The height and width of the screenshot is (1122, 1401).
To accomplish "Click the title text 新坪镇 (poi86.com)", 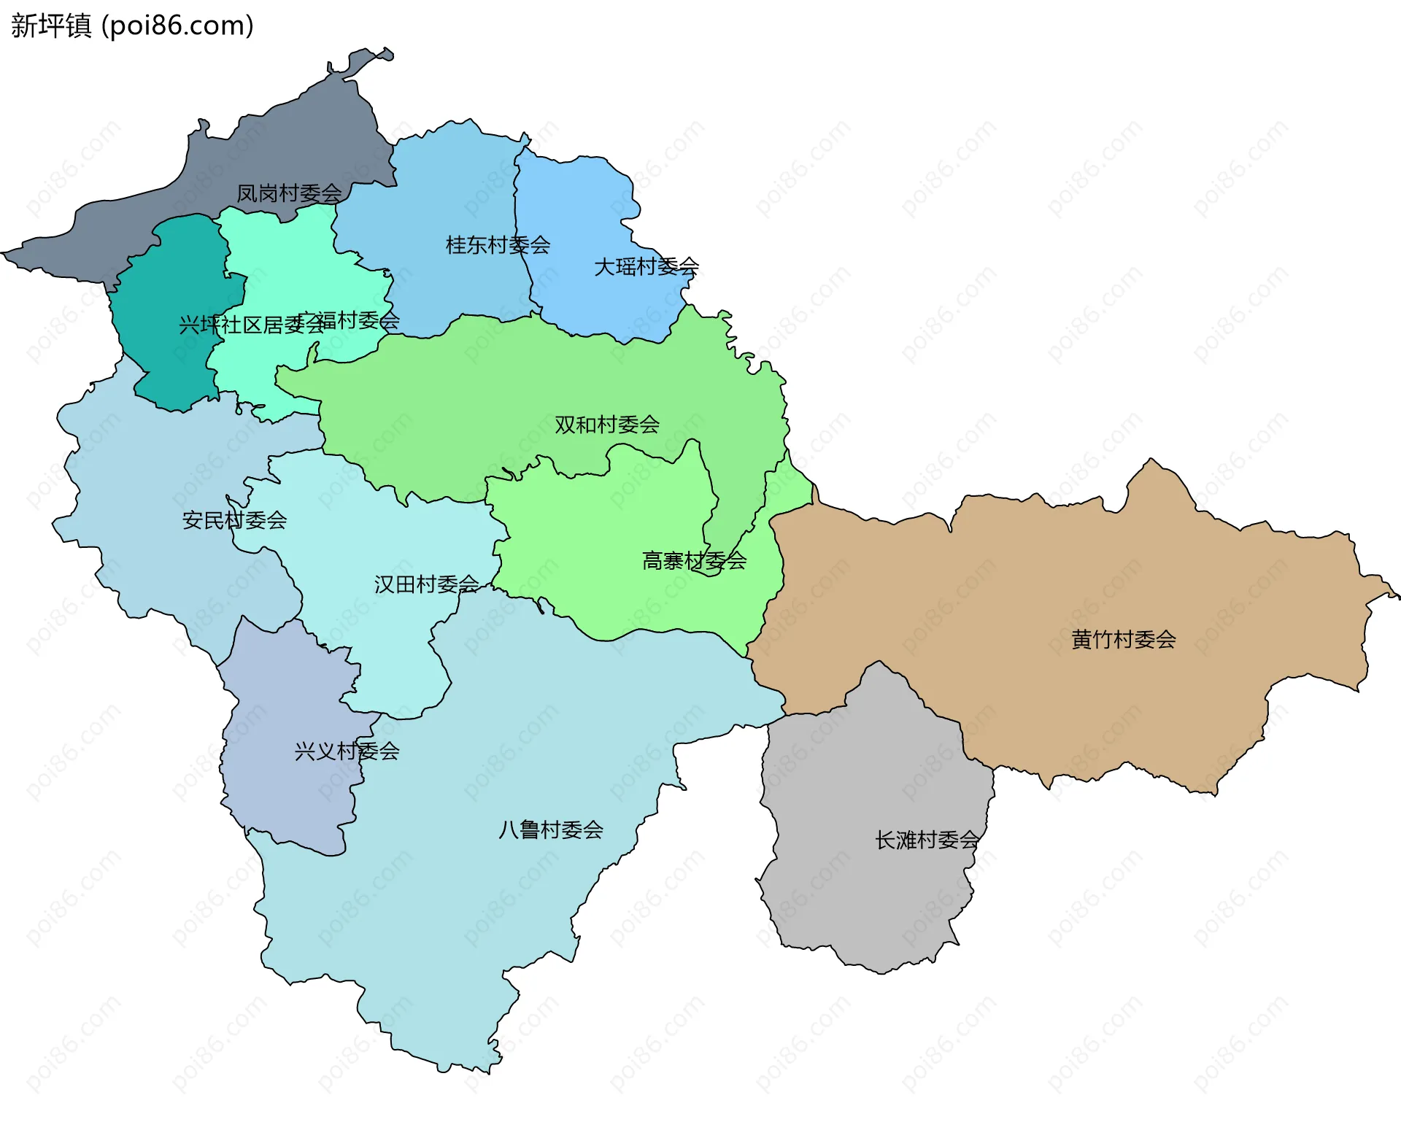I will (x=132, y=26).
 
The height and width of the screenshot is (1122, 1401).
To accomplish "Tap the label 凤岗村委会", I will (x=289, y=193).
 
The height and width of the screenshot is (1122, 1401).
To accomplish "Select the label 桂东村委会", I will (x=498, y=245).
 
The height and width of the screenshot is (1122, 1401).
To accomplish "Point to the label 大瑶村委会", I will (x=647, y=267).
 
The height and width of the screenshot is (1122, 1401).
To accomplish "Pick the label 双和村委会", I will (x=607, y=425).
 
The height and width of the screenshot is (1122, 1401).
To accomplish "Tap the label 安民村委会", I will (x=234, y=520).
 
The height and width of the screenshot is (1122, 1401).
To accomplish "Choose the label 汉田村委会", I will (x=426, y=584).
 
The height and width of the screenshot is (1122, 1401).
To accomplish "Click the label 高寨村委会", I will (x=694, y=561).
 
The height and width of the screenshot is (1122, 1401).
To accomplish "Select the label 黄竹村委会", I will (x=1123, y=640).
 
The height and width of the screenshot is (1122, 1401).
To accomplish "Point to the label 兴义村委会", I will (x=347, y=751).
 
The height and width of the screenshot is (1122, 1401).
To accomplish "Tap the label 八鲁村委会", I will (x=551, y=830).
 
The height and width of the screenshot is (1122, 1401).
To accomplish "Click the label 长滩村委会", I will (x=927, y=840).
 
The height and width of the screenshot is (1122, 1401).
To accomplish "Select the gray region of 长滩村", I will (x=876, y=890).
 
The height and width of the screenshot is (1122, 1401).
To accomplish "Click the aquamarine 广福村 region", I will (x=292, y=255).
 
